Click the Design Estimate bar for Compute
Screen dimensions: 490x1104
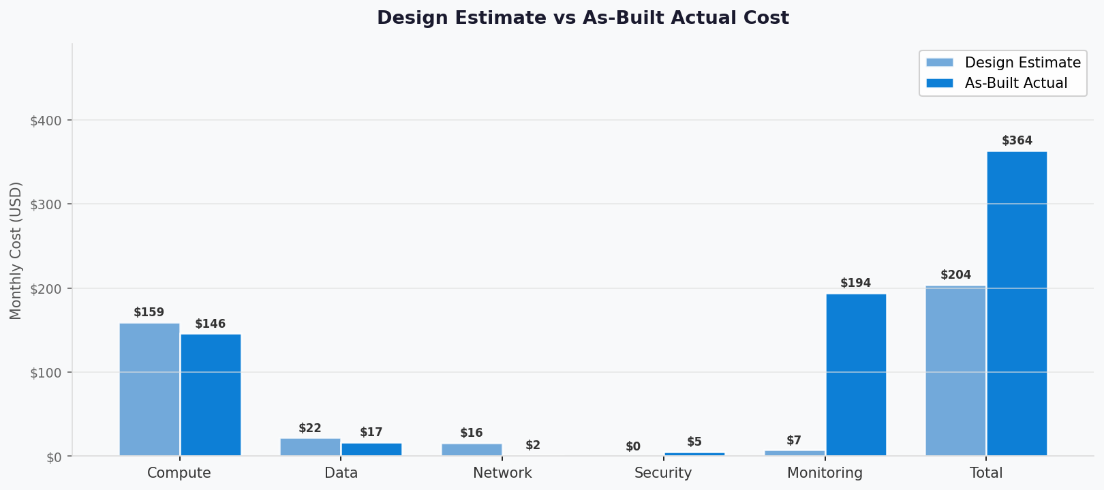pyautogui.click(x=149, y=389)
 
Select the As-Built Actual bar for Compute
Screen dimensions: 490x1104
pyautogui.click(x=211, y=395)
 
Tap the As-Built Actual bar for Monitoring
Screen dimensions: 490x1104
pyautogui.click(x=856, y=375)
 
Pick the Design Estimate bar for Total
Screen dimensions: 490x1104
pyautogui.click(x=955, y=371)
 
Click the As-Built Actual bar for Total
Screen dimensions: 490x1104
pyautogui.click(x=1017, y=303)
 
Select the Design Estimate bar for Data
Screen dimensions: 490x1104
pyautogui.click(x=310, y=447)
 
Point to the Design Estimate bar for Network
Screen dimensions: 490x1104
pyautogui.click(x=472, y=450)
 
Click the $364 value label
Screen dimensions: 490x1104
pyautogui.click(x=1017, y=141)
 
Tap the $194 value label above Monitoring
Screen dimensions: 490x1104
pyautogui.click(x=855, y=283)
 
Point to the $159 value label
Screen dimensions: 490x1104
pyautogui.click(x=149, y=313)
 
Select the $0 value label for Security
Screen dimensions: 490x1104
pyautogui.click(x=633, y=447)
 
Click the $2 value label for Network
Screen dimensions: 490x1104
pyautogui.click(x=533, y=446)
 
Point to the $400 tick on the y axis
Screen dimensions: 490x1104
pyautogui.click(x=46, y=121)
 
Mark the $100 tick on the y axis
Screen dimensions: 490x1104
pyautogui.click(x=46, y=373)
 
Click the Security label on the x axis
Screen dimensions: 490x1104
pyautogui.click(x=663, y=473)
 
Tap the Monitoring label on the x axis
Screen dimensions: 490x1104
pyautogui.click(x=825, y=473)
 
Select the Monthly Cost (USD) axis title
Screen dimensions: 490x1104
pyautogui.click(x=16, y=250)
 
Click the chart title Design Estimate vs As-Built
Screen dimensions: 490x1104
pyautogui.click(x=583, y=18)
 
